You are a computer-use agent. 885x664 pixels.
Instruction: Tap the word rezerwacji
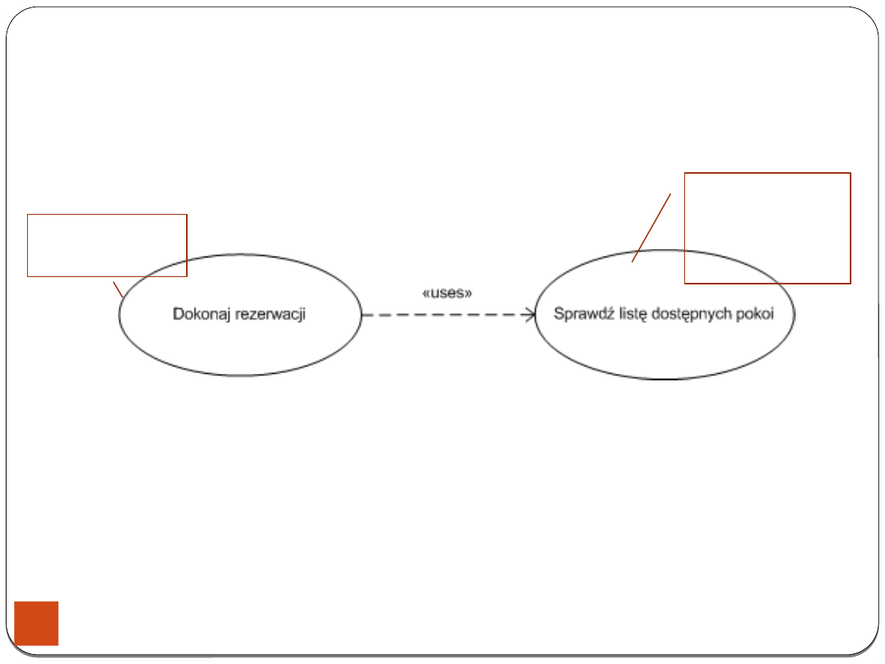point(270,314)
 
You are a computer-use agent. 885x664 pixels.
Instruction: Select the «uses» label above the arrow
point(447,293)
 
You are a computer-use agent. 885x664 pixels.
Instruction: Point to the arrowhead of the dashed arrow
point(530,314)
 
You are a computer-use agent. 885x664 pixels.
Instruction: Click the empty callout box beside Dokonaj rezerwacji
point(107,245)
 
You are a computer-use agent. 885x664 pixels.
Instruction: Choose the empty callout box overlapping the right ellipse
point(767,228)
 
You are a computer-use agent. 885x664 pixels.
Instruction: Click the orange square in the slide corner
point(36,623)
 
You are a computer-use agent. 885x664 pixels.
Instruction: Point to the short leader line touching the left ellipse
point(118,289)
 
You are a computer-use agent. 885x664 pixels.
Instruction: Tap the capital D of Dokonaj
point(178,314)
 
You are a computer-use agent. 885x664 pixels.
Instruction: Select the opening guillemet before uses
point(424,293)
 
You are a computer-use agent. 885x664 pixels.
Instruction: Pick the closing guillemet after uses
point(469,293)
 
